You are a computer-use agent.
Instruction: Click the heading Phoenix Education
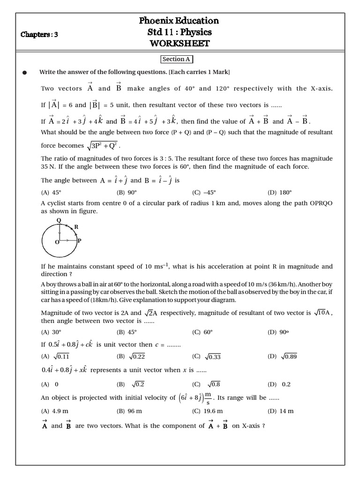179,20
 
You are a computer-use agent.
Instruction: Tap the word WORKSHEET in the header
179,44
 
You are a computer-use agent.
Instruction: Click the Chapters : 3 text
39,34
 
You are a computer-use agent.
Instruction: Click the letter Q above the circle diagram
59,220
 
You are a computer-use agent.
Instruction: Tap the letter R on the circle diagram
76,227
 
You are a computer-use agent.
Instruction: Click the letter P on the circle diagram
79,240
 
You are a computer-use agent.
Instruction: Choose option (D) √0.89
282,356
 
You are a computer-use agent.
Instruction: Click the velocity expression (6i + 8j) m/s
195,397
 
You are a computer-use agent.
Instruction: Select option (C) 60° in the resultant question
202,332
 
